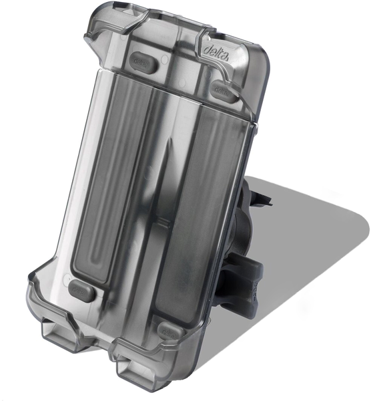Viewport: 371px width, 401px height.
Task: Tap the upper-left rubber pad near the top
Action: point(144,63)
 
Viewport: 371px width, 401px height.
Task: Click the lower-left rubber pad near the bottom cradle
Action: point(81,290)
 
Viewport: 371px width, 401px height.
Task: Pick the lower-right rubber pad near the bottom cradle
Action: point(169,329)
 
